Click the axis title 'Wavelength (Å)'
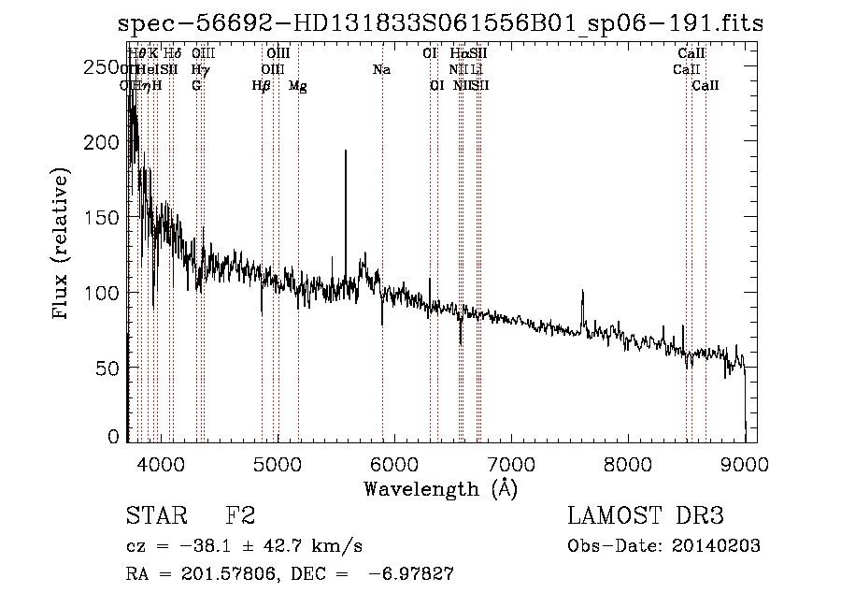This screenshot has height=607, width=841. pos(440,488)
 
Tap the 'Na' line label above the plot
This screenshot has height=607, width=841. pos(381,70)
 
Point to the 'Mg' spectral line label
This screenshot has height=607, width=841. pos(298,86)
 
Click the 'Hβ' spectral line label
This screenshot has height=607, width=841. pos(262,86)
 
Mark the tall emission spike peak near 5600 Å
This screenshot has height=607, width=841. pos(346,152)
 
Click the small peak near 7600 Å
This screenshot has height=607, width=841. pos(582,293)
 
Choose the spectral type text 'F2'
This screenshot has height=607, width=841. pos(241,516)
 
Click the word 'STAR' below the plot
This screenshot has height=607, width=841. pos(152,516)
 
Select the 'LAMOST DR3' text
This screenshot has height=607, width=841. pos(645,516)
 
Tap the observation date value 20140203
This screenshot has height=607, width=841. pos(719,546)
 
